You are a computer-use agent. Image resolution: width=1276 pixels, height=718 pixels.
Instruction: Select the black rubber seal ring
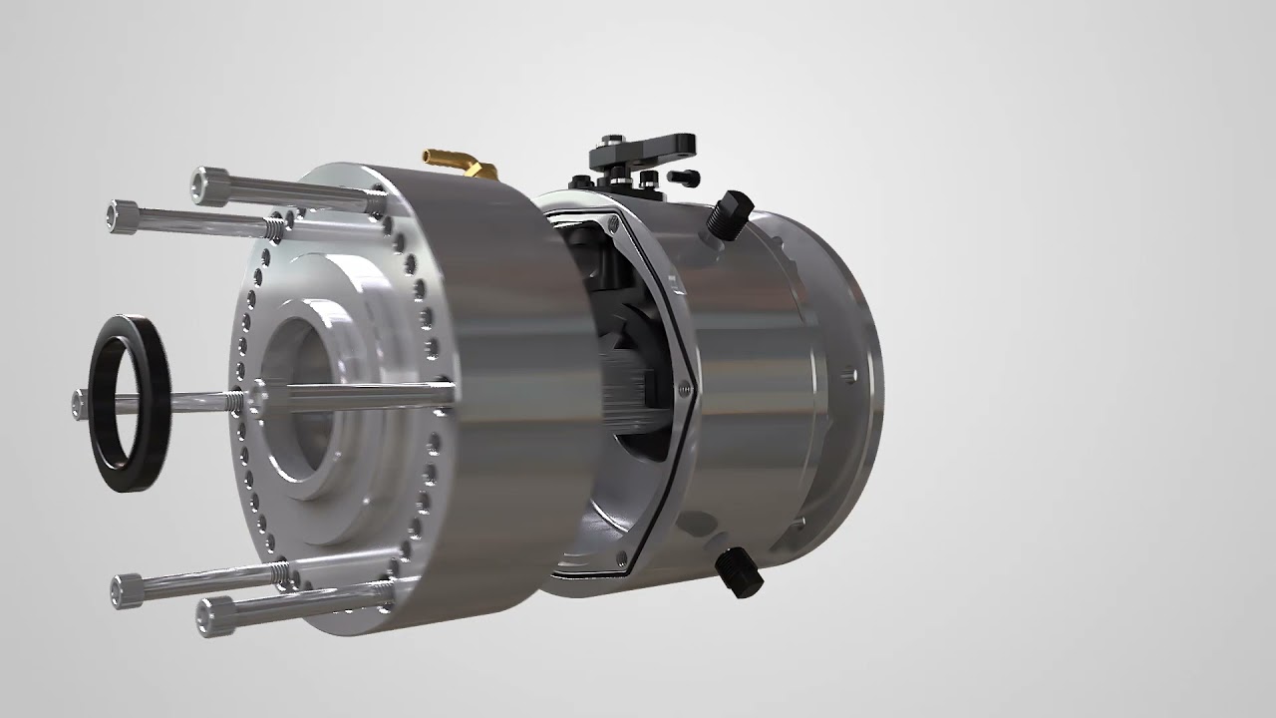(x=131, y=403)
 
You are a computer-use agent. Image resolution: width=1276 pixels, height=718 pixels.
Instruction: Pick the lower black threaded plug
(x=739, y=572)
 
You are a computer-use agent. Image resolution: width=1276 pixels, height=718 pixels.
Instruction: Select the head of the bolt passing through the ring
(x=80, y=403)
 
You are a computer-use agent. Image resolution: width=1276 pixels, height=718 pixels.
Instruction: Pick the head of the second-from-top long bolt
(x=127, y=215)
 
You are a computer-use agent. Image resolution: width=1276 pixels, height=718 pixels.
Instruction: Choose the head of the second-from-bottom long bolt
(x=129, y=589)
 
